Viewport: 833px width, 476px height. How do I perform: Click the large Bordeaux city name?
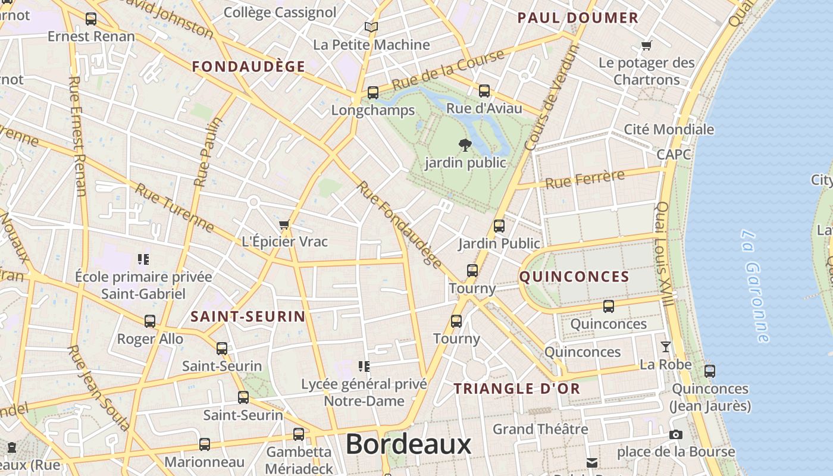tap(408, 444)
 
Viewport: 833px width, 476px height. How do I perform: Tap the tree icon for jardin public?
tap(465, 145)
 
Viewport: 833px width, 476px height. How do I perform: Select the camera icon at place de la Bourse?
tap(675, 435)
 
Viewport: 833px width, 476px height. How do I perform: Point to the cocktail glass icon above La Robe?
tap(666, 346)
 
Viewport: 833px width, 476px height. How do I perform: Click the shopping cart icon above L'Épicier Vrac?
tap(284, 225)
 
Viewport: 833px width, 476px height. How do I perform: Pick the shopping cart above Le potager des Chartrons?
tap(647, 45)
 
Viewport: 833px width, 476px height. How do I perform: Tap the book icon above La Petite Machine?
tap(371, 27)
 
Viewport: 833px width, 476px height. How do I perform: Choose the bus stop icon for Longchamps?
tap(373, 93)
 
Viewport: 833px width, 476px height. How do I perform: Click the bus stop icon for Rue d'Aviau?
tap(484, 91)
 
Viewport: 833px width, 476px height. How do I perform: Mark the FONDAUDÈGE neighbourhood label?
tap(249, 67)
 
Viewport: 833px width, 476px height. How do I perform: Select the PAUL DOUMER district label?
tap(578, 18)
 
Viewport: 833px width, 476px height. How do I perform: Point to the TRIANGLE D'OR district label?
tap(516, 389)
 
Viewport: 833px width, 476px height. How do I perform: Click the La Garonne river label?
tap(755, 286)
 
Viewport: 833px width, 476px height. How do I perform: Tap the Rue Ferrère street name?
tap(585, 179)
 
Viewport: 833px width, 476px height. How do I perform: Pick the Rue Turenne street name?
tap(174, 208)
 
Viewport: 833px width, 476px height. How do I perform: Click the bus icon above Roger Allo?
tap(150, 321)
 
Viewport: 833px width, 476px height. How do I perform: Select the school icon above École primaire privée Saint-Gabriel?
tap(143, 259)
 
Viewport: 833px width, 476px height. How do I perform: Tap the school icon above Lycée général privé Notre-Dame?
tap(364, 366)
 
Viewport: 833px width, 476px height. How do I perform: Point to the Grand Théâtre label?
tap(540, 429)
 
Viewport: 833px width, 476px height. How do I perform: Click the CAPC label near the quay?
tap(674, 155)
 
